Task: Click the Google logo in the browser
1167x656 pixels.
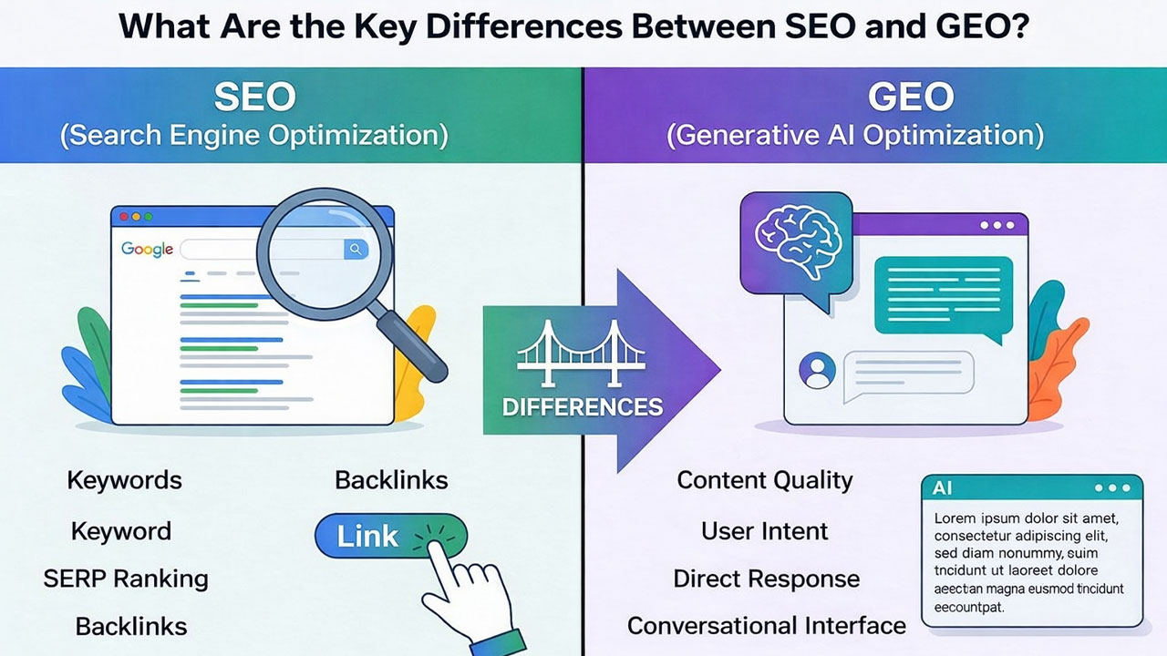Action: (x=147, y=250)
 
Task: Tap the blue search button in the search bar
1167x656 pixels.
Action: (x=356, y=250)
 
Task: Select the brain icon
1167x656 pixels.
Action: (x=797, y=241)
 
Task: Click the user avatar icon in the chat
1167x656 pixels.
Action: (x=817, y=371)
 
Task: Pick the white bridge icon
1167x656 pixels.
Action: (x=582, y=354)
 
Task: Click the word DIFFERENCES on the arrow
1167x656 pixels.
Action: (x=583, y=407)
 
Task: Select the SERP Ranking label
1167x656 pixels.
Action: (x=126, y=579)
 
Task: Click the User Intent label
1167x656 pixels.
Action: (x=764, y=531)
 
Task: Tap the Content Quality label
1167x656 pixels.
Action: (x=765, y=480)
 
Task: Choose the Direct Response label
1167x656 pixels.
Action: (x=767, y=579)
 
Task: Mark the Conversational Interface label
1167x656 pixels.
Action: (x=767, y=626)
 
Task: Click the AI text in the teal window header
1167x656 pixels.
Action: (x=942, y=488)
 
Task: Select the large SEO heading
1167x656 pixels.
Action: (x=254, y=97)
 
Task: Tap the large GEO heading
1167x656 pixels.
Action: (x=911, y=97)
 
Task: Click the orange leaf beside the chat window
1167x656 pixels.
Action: (x=1058, y=370)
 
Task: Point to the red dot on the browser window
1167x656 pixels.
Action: (x=124, y=217)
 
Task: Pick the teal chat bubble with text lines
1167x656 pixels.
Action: (x=944, y=297)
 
